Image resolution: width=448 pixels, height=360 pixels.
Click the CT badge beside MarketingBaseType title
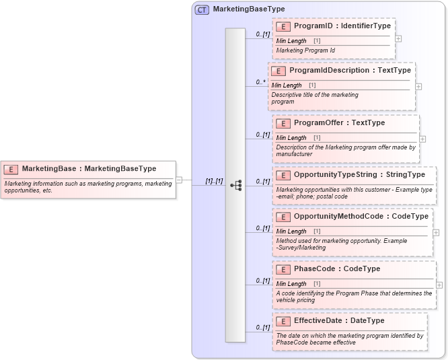(202, 9)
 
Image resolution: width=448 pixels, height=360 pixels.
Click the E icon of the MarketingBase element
(11, 168)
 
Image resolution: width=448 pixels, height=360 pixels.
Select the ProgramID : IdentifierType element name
(342, 26)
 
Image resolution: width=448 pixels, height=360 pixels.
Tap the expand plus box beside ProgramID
(399, 38)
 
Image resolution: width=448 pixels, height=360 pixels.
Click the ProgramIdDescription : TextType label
(350, 70)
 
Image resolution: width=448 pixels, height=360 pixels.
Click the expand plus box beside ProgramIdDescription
(418, 86)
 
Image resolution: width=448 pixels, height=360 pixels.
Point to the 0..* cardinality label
(260, 82)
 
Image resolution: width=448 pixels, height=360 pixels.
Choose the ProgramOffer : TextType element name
(339, 123)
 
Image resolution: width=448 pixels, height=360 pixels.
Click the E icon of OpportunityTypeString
(283, 175)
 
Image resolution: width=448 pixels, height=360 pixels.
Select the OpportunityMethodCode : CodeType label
(361, 217)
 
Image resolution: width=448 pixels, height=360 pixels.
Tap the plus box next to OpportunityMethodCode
(436, 232)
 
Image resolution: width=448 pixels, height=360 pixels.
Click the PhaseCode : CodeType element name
(336, 269)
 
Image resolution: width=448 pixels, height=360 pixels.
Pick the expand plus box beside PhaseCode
(439, 285)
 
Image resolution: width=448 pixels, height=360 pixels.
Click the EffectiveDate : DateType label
(339, 321)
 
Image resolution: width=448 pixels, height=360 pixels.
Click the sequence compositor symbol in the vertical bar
(235, 185)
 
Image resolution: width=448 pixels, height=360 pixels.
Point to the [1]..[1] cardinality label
(214, 181)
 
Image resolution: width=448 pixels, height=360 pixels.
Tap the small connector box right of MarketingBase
(179, 180)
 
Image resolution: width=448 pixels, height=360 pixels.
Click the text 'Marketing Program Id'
(305, 50)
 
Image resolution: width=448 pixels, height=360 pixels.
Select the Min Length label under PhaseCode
(291, 284)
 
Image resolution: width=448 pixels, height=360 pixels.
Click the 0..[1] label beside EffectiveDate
(262, 328)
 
